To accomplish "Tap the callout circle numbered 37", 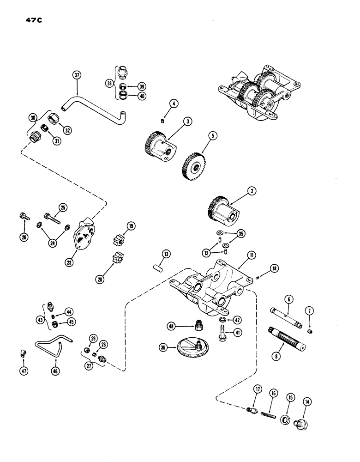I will pyautogui.click(x=76, y=75).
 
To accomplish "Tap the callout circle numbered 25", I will pyautogui.click(x=63, y=207).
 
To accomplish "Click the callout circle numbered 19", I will pyautogui.click(x=131, y=226).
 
